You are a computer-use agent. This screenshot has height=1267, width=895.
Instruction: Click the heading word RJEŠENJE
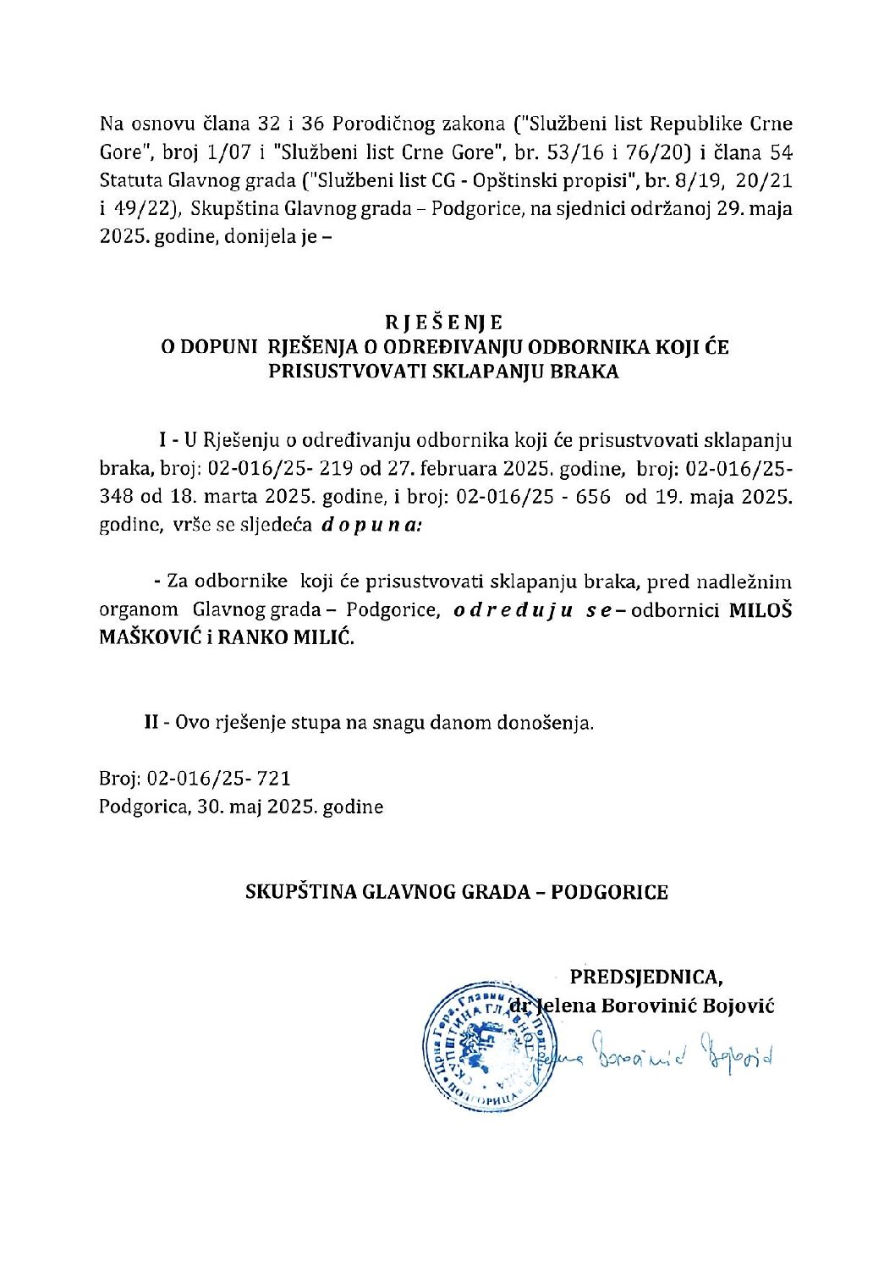tap(444, 322)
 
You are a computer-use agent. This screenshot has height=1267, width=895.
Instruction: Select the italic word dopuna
tap(371, 525)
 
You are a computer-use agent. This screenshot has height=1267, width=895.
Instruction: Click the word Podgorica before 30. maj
tap(143, 807)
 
